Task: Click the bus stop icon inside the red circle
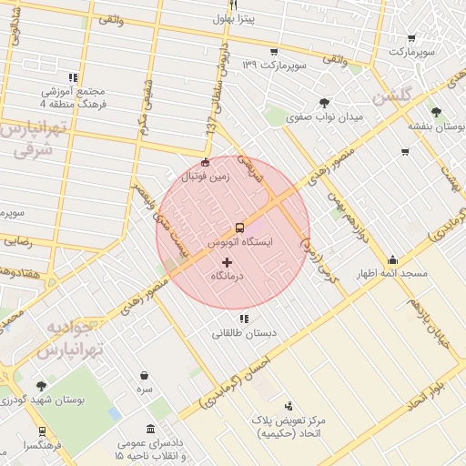pyautogui.click(x=239, y=228)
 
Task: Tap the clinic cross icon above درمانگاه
pyautogui.click(x=227, y=262)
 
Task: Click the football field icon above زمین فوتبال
pyautogui.click(x=205, y=163)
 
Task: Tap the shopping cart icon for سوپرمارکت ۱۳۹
pyautogui.click(x=273, y=52)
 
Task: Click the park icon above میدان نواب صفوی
pyautogui.click(x=325, y=102)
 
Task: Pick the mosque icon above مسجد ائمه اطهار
pyautogui.click(x=392, y=258)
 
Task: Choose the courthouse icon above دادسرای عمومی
pyautogui.click(x=148, y=429)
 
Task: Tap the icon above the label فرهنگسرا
pyautogui.click(x=41, y=431)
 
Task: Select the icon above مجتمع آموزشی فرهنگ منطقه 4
pyautogui.click(x=72, y=77)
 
